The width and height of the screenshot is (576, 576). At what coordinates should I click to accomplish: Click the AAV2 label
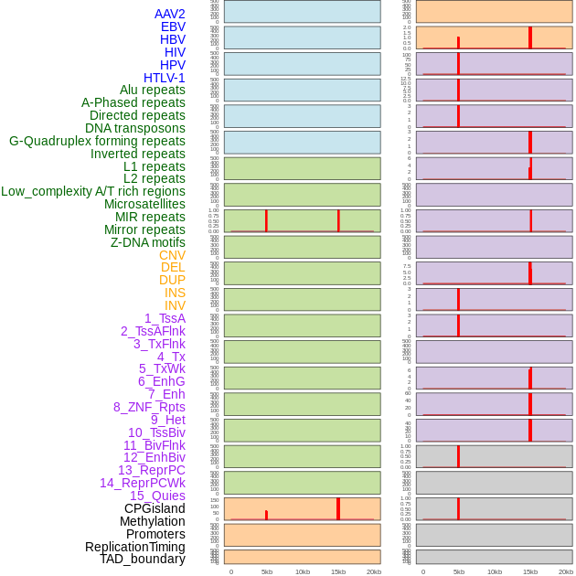pos(169,14)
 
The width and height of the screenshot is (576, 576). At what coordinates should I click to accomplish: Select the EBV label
pos(173,27)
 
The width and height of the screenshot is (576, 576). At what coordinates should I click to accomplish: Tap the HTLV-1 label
pos(164,78)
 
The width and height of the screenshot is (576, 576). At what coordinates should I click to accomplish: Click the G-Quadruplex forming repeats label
pos(97,141)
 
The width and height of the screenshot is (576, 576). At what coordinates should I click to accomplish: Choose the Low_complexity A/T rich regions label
pos(93,191)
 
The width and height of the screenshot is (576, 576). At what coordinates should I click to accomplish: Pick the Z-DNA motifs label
pos(148,242)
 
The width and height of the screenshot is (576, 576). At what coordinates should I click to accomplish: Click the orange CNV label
pos(172,255)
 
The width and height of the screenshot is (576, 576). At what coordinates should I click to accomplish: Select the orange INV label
pos(175,305)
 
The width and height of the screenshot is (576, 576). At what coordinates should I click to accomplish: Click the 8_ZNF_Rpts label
pos(149,407)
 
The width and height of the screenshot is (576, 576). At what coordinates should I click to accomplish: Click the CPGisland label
pos(155,508)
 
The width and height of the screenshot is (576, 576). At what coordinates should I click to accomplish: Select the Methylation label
pos(153,521)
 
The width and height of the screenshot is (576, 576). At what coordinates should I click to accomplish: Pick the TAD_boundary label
pos(143,559)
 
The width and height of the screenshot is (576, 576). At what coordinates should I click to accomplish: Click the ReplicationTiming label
pos(135,547)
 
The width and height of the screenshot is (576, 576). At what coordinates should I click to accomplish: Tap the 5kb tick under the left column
pos(267,571)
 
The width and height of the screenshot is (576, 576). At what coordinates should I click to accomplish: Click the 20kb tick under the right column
pos(566,571)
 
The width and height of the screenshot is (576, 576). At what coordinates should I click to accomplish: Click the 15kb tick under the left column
pos(338,571)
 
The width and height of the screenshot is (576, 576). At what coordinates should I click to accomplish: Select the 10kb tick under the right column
pos(495,571)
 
